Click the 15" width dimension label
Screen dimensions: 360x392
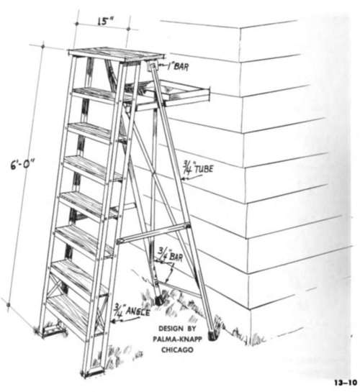[105, 21]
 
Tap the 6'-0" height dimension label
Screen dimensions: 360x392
[22, 165]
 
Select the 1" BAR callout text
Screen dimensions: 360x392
[178, 66]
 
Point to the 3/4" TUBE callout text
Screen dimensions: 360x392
[199, 168]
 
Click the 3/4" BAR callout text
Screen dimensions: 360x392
[171, 255]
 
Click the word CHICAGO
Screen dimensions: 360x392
[177, 350]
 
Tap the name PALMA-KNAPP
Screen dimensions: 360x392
[177, 339]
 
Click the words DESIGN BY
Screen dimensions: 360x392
[177, 328]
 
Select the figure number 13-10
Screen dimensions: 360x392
[345, 383]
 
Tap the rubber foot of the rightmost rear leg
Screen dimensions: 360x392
[213, 335]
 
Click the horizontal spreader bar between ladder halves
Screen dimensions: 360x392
[153, 233]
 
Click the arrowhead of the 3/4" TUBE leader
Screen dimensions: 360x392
[184, 178]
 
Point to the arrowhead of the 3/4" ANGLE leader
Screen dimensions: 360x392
[113, 321]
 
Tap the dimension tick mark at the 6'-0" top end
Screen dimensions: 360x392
[43, 47]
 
